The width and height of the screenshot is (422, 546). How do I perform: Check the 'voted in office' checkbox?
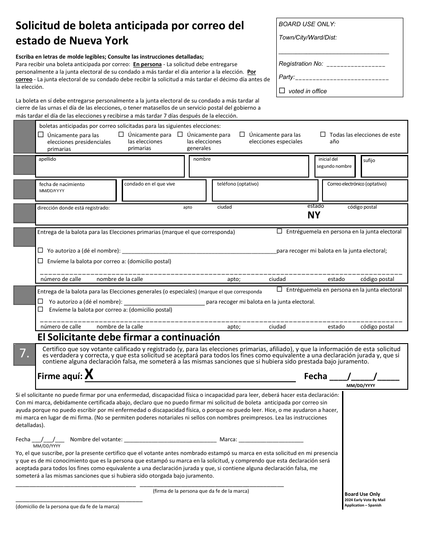coord(282,91)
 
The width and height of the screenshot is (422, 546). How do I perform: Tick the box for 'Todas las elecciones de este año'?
coord(323,135)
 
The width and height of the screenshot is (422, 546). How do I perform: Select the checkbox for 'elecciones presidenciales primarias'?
coord(41,135)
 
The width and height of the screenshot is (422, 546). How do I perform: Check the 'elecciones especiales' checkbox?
coord(242,134)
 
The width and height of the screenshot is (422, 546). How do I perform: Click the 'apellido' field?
coord(110,169)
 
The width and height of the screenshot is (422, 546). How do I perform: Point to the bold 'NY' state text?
coord(314,216)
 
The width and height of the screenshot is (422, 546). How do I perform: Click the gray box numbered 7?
coord(24,353)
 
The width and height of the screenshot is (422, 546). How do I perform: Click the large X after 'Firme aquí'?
coord(89,375)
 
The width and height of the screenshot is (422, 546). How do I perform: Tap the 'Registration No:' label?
coord(301,64)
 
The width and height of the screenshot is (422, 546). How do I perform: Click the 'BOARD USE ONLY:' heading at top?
coord(307,24)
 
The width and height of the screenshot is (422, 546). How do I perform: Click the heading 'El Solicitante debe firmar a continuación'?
coord(128,336)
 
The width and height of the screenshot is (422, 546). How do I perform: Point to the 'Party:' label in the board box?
coord(287,77)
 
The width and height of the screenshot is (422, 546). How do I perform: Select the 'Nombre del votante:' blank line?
coord(170,439)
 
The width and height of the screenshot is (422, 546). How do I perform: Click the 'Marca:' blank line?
coord(271,439)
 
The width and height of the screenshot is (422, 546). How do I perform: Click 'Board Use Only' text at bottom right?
coord(362,494)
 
